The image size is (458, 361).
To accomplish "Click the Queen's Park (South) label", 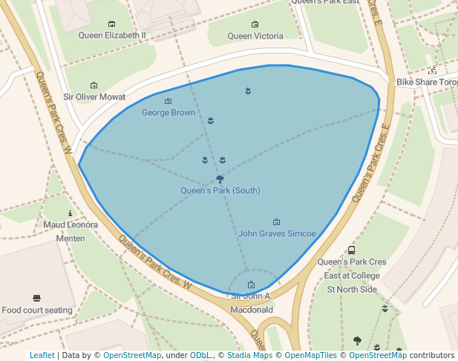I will click(220, 191).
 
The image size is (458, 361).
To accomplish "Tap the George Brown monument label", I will click(169, 113).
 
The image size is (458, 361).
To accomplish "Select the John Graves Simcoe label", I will click(277, 233).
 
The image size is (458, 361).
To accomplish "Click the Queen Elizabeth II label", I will click(112, 35).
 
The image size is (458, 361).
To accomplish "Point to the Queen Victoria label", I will click(255, 36).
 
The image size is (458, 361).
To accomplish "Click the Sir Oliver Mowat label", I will click(94, 97).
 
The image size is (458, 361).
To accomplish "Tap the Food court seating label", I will click(37, 310).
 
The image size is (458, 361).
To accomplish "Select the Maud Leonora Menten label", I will click(71, 231).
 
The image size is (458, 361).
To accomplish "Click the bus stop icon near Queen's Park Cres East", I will click(352, 251).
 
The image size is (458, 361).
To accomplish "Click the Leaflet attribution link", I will click(42, 356).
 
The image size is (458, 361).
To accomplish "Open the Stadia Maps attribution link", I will click(249, 356).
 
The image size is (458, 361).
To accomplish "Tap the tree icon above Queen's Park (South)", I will click(220, 179).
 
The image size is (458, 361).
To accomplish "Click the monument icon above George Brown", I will click(168, 101).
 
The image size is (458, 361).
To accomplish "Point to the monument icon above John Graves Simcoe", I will click(277, 221).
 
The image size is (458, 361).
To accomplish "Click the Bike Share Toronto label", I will click(426, 82).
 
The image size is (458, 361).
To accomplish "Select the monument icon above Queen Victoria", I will click(255, 25).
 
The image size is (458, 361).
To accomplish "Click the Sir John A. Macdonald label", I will click(252, 302).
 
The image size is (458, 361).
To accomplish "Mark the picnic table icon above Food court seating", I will click(37, 298).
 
